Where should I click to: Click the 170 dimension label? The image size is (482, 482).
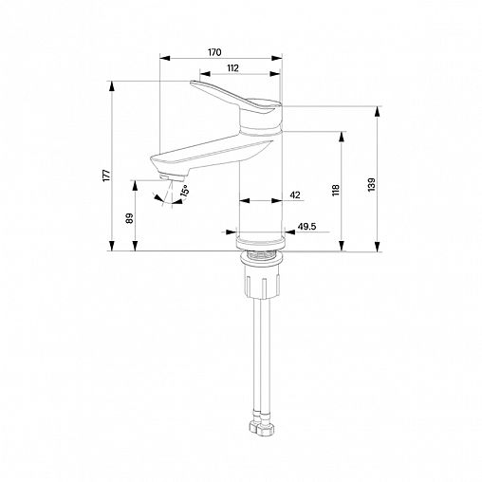point(214,52)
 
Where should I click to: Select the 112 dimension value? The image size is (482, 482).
point(232,68)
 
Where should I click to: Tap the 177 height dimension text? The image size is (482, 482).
point(107,176)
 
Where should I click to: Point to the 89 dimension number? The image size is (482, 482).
point(129,218)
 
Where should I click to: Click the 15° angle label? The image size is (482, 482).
point(185,192)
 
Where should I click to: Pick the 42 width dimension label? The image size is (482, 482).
point(295,195)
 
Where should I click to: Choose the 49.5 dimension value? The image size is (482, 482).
point(306,226)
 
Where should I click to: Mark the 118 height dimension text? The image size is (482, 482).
point(335,190)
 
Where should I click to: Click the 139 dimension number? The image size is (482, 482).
point(371,184)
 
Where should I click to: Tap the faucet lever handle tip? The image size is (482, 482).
point(192,83)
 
